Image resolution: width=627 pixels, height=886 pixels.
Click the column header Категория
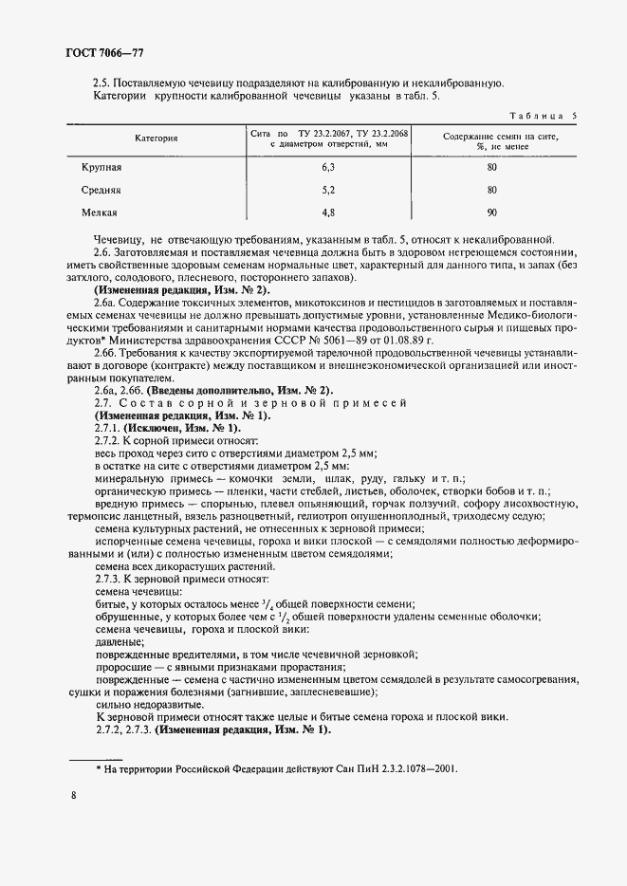(157, 138)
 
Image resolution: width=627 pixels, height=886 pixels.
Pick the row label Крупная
(101, 167)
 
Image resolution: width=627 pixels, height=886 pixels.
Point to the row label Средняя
(101, 190)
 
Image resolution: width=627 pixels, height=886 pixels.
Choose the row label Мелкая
(100, 212)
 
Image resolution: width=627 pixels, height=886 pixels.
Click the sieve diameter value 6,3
(329, 167)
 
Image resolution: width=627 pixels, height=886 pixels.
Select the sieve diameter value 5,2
(329, 190)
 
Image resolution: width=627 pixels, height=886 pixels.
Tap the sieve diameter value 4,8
(329, 212)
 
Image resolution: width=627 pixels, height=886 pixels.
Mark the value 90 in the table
(491, 212)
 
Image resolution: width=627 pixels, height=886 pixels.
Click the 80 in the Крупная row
(491, 167)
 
